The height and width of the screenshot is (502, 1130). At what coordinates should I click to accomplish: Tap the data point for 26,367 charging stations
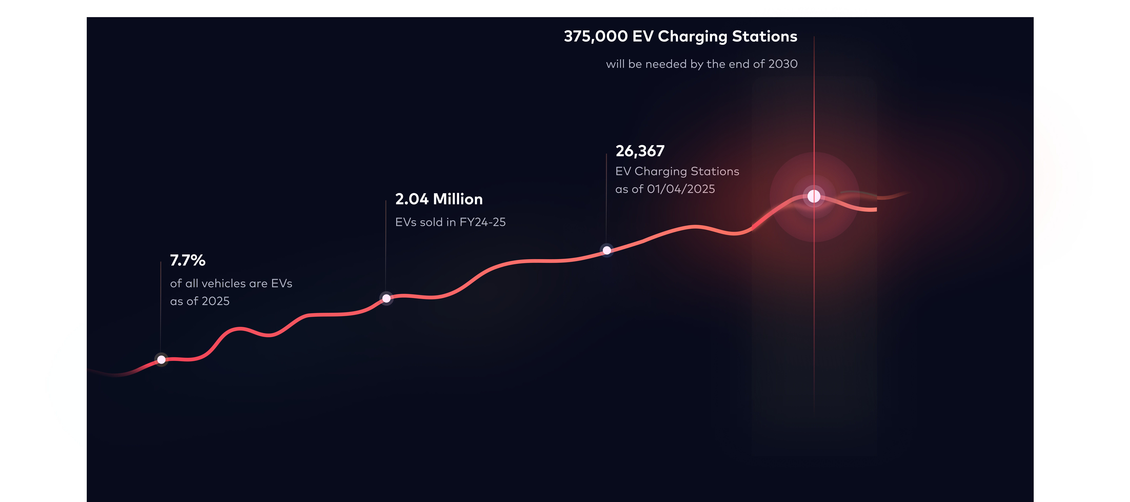click(607, 250)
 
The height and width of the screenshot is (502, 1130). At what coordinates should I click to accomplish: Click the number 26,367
click(640, 151)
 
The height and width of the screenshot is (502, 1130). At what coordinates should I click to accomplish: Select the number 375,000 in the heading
click(596, 36)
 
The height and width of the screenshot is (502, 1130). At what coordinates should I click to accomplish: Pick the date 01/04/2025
click(681, 189)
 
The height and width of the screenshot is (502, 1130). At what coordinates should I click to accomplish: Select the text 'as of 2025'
click(200, 301)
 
